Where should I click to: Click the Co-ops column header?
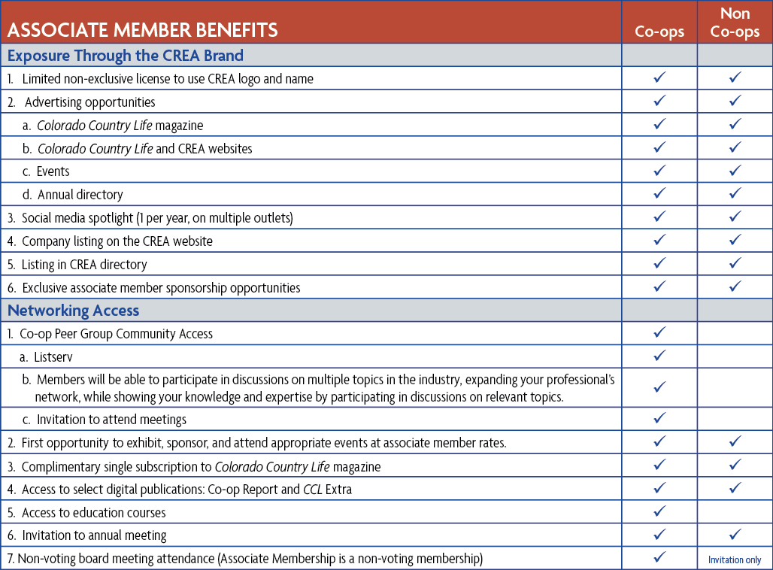point(659,32)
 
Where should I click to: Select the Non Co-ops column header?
point(735,23)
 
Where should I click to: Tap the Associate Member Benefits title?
point(142,31)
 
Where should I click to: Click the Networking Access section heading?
point(73,310)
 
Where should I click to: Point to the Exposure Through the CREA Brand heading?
point(125,55)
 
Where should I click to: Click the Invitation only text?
point(735,559)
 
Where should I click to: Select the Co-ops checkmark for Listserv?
point(659,355)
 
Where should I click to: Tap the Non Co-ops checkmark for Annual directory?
point(735,194)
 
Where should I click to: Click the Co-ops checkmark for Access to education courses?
point(659,512)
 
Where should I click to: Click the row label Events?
point(53,171)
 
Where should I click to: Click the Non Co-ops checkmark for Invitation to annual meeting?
point(735,535)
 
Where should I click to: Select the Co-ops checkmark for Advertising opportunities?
point(659,101)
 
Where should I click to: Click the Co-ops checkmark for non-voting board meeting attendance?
point(659,558)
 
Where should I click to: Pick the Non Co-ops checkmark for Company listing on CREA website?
point(735,241)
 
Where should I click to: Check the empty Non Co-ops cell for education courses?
point(735,512)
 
